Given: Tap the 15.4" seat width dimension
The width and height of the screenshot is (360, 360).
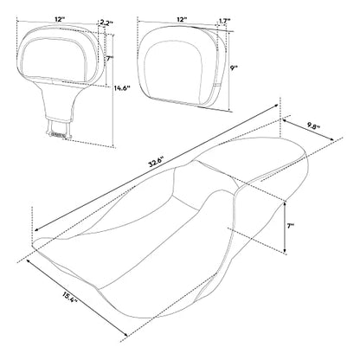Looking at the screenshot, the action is click(x=69, y=297).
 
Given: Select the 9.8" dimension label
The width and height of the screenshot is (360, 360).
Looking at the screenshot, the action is click(x=313, y=126).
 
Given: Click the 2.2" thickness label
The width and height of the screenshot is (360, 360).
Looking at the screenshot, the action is click(x=106, y=23).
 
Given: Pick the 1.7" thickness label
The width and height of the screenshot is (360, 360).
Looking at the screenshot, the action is click(x=224, y=21).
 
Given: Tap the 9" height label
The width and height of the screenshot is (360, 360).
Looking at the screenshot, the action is click(x=234, y=68).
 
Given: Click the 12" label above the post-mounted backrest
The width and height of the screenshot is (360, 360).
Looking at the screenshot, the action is click(x=60, y=20).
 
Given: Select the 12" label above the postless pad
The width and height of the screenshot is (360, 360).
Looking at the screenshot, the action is click(x=181, y=20).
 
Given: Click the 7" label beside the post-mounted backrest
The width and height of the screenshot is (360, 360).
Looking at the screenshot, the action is click(x=110, y=59).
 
